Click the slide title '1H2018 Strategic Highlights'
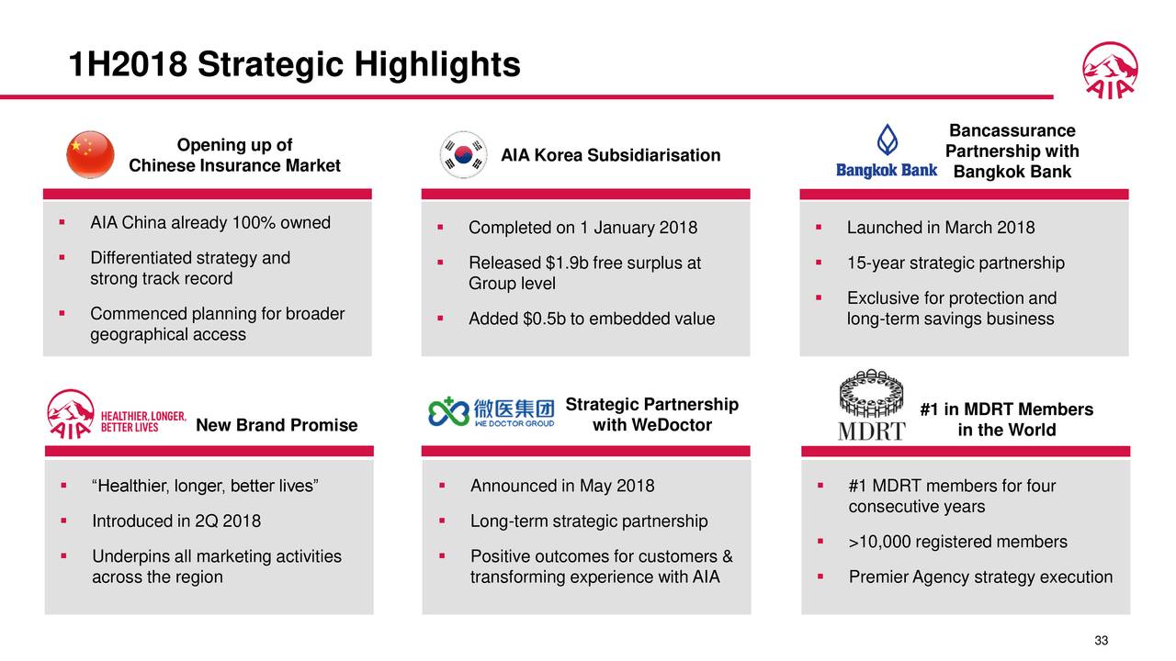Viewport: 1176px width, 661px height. click(295, 64)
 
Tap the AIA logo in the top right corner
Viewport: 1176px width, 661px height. click(1110, 70)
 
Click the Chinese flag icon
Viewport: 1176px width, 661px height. click(91, 154)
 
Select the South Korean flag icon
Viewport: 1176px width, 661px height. click(465, 154)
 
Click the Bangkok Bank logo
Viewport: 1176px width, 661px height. click(886, 151)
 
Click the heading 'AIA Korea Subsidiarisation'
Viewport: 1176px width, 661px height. click(610, 155)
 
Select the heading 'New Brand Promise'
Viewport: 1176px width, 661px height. click(277, 425)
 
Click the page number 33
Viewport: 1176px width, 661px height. click(1102, 641)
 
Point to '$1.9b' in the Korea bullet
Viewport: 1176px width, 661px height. click(565, 263)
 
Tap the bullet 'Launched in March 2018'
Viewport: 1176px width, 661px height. click(940, 228)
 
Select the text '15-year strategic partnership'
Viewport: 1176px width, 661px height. click(955, 263)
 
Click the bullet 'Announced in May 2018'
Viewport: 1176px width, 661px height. click(562, 486)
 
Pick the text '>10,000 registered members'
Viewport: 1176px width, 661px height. click(957, 542)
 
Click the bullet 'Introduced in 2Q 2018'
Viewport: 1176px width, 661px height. click(175, 521)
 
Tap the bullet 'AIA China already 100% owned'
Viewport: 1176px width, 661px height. click(209, 223)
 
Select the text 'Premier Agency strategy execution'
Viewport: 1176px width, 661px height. click(980, 577)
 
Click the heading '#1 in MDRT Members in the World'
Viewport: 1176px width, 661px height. click(1006, 420)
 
